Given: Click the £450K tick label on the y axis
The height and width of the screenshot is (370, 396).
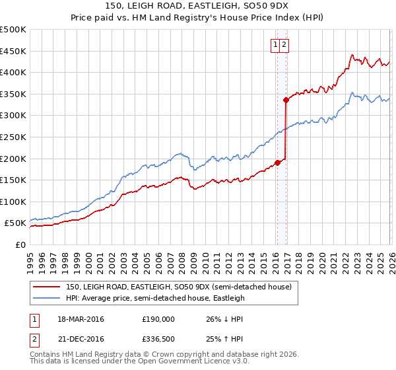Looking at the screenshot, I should tap(13, 51).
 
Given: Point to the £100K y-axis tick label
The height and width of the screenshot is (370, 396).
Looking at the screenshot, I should tap(13, 202).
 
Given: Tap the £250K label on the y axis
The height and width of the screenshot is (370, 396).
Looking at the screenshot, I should tap(13, 137).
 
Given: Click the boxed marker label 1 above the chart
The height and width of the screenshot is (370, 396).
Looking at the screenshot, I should tap(275, 45).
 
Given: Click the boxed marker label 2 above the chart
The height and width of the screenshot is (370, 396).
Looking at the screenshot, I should tap(284, 45).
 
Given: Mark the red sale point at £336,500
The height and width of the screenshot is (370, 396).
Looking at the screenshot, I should tap(286, 100).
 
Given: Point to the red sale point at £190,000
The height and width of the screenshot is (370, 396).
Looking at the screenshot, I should tap(277, 163).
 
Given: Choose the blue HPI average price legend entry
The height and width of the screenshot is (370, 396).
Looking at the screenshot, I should tap(155, 298).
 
